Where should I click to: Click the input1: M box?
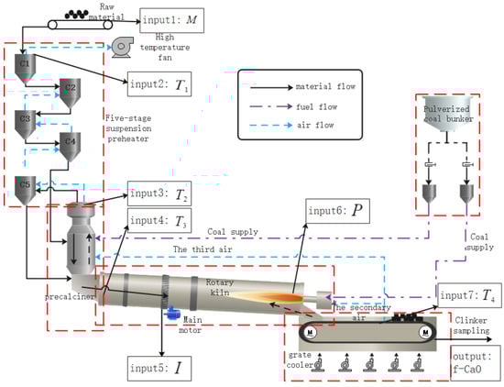coord(171,20)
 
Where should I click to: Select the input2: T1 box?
coord(159,84)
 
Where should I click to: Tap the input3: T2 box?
coord(159,193)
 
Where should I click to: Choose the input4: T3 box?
coord(159,221)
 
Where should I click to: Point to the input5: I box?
coord(159,369)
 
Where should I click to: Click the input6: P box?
coord(337,211)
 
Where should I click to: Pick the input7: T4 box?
coord(469,295)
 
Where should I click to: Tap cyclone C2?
coord(70,94)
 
